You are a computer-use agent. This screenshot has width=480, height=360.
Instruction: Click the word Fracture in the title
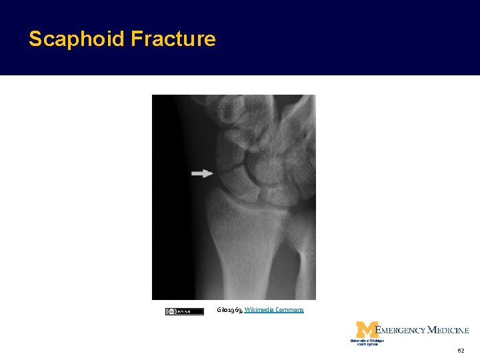coord(173,39)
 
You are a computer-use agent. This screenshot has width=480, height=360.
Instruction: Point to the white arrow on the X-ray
coord(202,173)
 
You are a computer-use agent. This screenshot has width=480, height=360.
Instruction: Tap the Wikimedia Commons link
coord(274,310)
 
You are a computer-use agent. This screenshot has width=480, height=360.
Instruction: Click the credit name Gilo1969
coord(229,310)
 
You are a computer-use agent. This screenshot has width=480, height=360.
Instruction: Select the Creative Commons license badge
coord(185,311)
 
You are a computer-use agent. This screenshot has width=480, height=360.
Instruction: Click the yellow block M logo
coord(367,329)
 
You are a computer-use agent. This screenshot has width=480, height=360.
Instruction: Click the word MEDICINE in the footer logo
coord(448,330)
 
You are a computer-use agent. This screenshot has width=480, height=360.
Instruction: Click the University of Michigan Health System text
coord(367,342)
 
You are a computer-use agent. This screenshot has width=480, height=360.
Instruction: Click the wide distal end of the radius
coord(247,207)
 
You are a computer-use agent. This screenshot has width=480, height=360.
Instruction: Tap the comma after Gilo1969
coord(243,311)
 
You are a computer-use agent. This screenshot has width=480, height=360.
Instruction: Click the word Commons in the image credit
coord(289,310)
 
